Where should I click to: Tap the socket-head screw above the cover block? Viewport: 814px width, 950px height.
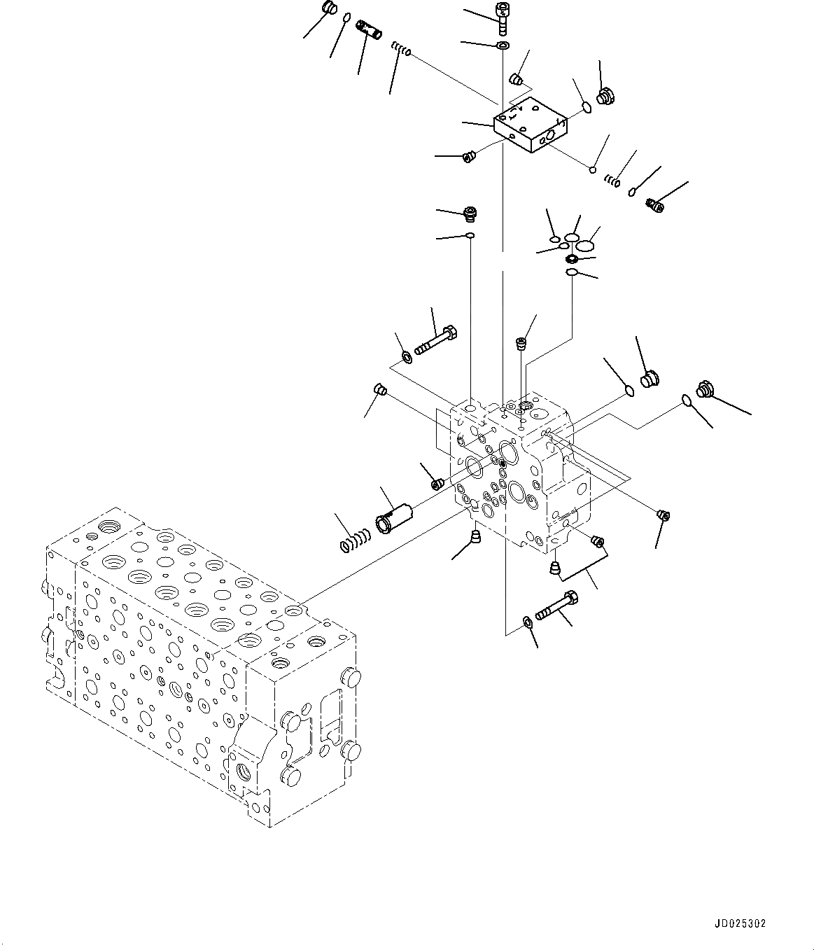coord(502,17)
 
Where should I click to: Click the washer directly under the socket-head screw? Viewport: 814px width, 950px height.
coord(503,46)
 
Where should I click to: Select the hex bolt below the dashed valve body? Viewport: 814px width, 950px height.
coord(556,606)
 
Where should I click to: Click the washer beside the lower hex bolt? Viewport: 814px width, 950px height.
coord(526,621)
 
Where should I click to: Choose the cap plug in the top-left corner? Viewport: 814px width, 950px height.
coord(329,9)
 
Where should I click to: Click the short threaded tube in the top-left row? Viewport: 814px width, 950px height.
coord(367,31)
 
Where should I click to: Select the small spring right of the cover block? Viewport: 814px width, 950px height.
coord(612,182)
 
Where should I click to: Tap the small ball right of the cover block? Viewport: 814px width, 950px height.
coord(592,169)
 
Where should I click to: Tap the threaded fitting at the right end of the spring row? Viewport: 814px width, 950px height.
coord(656,204)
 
